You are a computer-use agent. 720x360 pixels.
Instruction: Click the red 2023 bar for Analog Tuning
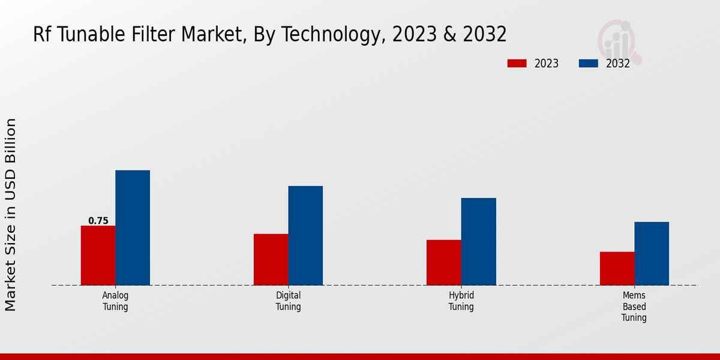(x=98, y=255)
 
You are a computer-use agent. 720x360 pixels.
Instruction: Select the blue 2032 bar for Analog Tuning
(x=133, y=227)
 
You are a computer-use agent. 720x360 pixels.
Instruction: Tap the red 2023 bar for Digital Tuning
(x=271, y=259)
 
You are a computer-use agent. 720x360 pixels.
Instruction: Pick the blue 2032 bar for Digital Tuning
(x=305, y=235)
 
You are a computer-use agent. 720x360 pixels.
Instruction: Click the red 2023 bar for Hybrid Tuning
(x=444, y=262)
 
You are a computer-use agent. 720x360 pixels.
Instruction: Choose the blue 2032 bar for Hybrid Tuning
(x=479, y=241)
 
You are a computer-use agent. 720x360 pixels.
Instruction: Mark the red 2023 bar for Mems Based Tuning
(x=617, y=268)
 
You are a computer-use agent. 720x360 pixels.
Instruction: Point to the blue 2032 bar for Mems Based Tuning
(x=652, y=253)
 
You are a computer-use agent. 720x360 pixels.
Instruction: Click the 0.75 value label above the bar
(x=98, y=221)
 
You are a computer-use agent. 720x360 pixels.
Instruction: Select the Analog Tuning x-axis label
(x=115, y=301)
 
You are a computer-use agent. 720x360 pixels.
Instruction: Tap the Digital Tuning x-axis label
(x=288, y=301)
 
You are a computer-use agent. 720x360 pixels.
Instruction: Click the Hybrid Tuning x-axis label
(x=461, y=301)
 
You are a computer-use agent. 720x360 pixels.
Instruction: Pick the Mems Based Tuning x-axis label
(x=634, y=307)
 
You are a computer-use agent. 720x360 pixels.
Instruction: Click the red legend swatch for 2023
(x=517, y=64)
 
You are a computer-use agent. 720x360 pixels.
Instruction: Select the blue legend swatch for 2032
(x=588, y=64)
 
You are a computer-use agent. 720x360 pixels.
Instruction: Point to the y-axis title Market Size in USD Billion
(x=11, y=215)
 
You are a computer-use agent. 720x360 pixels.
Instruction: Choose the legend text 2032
(x=618, y=64)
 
